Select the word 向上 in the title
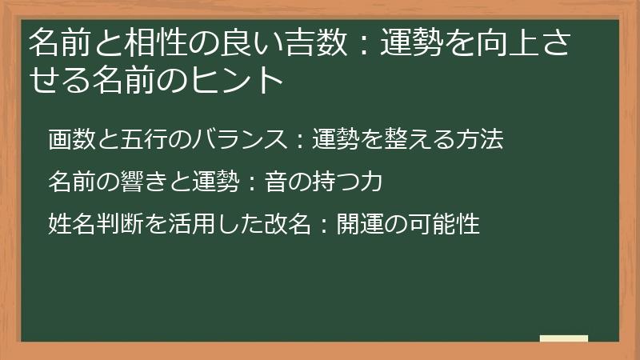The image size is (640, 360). click(x=502, y=42)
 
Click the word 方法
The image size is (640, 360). click(x=480, y=140)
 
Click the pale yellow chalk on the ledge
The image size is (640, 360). click(x=564, y=338)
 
